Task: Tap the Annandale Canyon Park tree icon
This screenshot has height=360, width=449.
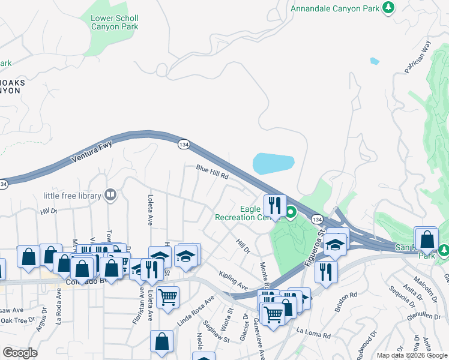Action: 389,7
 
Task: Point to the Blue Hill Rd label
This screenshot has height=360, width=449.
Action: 212,173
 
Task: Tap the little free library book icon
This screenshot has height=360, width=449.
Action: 110,194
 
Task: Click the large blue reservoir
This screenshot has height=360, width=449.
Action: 274,163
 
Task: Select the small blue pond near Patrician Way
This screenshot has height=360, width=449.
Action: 375,61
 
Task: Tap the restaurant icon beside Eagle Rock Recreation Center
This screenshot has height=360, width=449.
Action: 274,205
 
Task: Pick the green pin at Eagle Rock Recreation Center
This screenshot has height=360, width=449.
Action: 291,212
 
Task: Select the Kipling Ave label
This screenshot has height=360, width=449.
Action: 234,280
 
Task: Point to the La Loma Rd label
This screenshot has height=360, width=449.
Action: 315,334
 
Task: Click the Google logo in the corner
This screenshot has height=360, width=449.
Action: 20,353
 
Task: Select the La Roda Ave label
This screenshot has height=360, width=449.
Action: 59,309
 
